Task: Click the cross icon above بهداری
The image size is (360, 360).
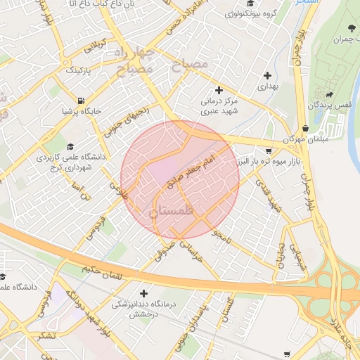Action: tap(267, 75)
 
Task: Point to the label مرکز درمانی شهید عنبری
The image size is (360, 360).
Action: tap(219, 105)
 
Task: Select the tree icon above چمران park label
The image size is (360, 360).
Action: tap(350, 29)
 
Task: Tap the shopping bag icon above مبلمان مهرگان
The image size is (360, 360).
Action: tap(305, 129)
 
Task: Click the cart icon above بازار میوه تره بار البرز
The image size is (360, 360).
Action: tap(269, 150)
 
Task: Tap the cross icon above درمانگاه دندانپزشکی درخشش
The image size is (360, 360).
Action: tap(144, 293)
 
